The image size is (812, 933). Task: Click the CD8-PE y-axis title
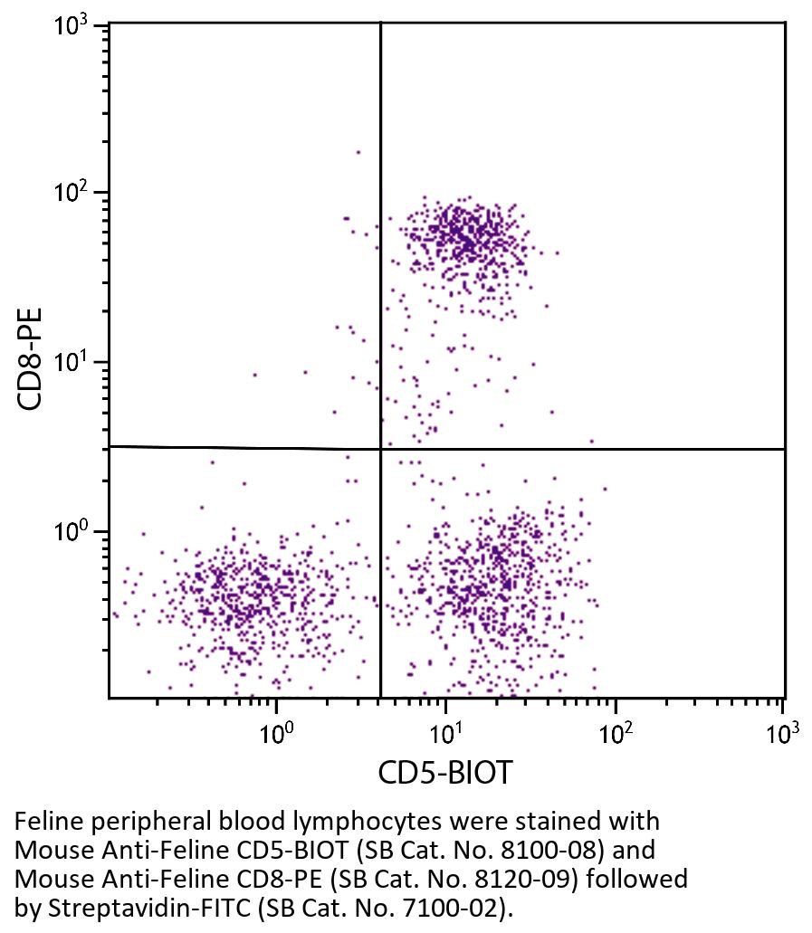[x=32, y=359]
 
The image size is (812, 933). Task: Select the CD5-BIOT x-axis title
[x=444, y=774]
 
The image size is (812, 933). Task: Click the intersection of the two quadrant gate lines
[x=380, y=449]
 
